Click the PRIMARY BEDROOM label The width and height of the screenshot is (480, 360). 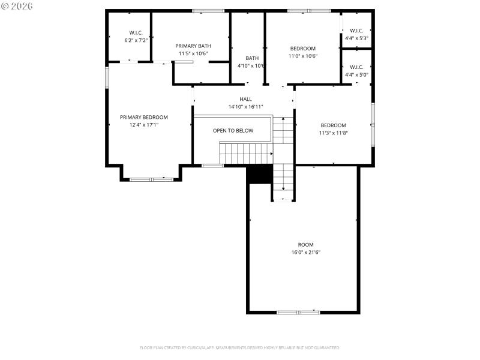[x=143, y=117]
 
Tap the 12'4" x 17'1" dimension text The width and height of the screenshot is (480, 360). [x=143, y=125]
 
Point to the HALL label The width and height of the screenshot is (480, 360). [x=246, y=99]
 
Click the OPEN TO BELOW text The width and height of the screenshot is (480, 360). [x=233, y=130]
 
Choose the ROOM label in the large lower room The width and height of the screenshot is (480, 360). [x=305, y=245]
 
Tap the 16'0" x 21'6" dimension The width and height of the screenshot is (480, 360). [x=305, y=253]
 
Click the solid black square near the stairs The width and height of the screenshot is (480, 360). [x=260, y=175]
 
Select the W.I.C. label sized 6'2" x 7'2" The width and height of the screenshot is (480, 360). [x=136, y=32]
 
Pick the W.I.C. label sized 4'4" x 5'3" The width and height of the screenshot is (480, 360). [x=356, y=31]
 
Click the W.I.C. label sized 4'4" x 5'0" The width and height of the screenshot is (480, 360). [x=356, y=67]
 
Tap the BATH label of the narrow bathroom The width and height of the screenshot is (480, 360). [x=252, y=58]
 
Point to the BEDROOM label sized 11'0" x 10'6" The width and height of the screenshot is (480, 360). [x=303, y=49]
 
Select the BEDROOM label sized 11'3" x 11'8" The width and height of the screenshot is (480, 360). [x=333, y=125]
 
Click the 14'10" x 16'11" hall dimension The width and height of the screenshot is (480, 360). [x=246, y=107]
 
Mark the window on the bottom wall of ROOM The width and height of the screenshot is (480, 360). [x=298, y=312]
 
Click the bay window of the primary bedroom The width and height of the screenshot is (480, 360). [x=151, y=179]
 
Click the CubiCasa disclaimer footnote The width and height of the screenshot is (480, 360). [x=240, y=347]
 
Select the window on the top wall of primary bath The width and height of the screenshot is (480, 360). [x=208, y=10]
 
